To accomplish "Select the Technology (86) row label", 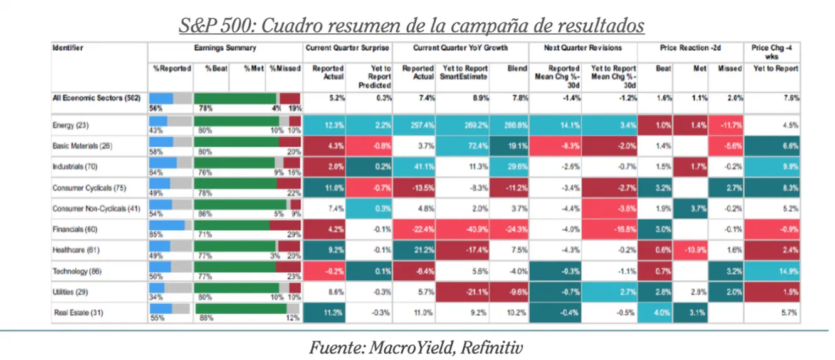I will [76, 272].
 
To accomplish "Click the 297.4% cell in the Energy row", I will [421, 125].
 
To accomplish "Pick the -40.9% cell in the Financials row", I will [467, 230].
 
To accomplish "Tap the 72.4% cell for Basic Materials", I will [467, 146].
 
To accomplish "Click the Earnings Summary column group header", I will [225, 48].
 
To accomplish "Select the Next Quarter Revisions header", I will [583, 48].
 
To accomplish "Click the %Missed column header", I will [285, 68].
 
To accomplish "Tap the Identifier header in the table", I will [68, 48].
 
